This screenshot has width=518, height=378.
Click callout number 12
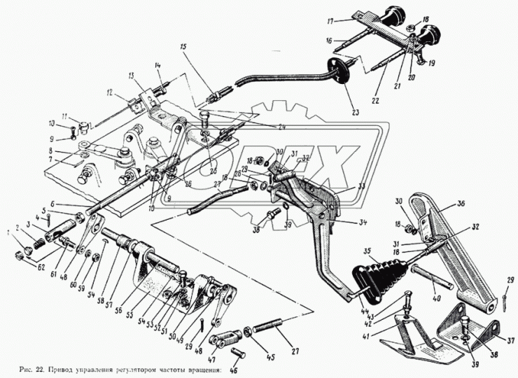click(x=111, y=92)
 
